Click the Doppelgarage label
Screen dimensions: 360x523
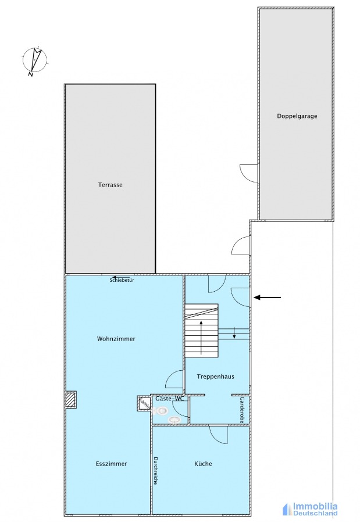click(297, 116)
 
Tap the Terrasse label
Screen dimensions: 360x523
click(110, 185)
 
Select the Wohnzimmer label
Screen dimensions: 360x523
click(116, 339)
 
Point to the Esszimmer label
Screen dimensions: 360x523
click(111, 464)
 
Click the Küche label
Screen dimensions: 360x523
click(203, 464)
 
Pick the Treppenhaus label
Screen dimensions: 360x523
click(215, 377)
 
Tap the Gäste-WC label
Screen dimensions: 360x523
click(170, 399)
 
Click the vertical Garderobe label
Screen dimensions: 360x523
click(242, 410)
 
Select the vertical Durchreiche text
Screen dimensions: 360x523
click(156, 471)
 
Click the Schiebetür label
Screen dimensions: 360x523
click(122, 281)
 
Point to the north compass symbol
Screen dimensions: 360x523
click(34, 60)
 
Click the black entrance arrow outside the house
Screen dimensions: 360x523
click(268, 297)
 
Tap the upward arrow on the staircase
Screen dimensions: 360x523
click(201, 337)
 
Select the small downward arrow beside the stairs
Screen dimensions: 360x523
click(234, 332)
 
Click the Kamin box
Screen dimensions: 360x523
click(144, 403)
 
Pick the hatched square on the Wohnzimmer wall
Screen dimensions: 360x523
click(71, 399)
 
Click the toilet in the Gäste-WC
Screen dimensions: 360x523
click(161, 411)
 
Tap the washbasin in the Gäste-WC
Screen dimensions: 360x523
click(174, 420)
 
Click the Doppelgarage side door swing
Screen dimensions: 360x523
click(249, 173)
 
